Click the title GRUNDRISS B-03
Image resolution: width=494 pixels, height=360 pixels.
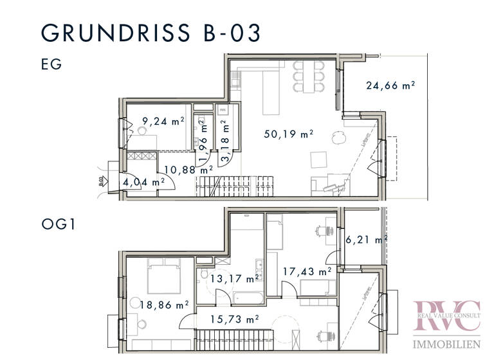point(152,32)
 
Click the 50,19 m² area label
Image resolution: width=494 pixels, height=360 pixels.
point(289,134)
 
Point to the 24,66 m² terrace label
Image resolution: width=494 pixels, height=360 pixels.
point(390,85)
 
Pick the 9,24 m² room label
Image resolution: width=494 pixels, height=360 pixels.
point(163,120)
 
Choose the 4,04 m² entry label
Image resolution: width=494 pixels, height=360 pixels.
point(143,182)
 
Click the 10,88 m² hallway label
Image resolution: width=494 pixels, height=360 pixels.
point(188,170)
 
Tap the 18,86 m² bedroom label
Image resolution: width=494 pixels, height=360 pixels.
point(164,305)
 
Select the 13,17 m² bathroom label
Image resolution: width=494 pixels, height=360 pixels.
point(234,278)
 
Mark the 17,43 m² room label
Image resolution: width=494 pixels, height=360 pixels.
point(307,272)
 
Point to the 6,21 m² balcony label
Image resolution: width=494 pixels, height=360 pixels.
point(366,240)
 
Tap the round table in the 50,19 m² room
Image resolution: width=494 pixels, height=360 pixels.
point(337,138)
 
